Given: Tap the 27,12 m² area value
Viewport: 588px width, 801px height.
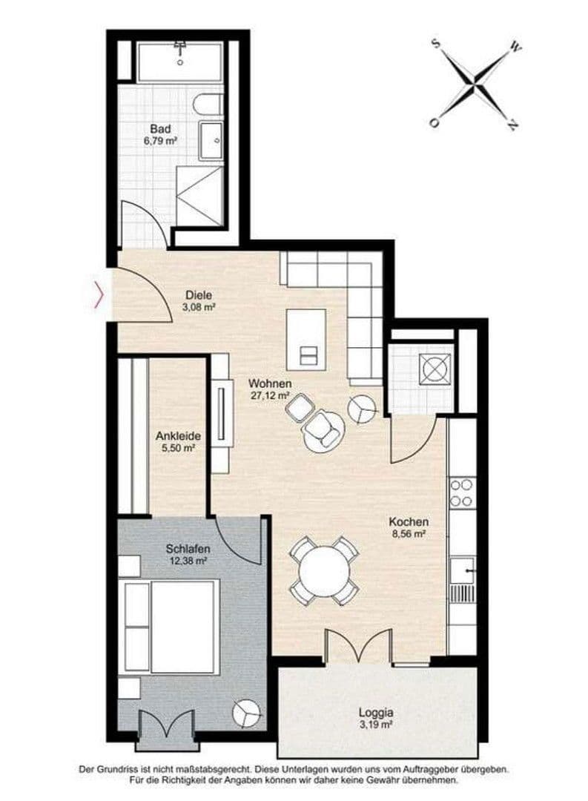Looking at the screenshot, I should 269,395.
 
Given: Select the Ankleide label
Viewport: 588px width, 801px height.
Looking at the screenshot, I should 179,437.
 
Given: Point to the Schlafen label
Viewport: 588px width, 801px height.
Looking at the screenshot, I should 187,549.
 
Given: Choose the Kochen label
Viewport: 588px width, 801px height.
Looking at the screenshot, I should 409,521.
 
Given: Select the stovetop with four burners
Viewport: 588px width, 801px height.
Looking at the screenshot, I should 462,492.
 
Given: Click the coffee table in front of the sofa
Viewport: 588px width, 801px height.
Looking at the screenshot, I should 305,338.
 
